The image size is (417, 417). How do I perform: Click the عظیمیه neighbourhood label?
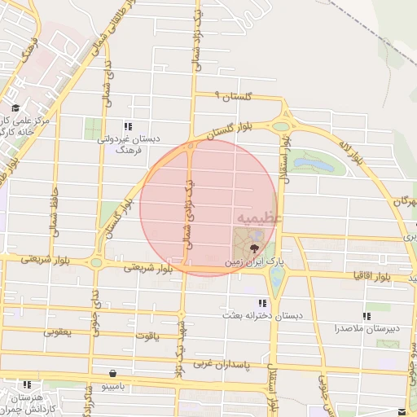click(260, 218)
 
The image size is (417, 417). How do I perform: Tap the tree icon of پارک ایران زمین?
click(255, 249)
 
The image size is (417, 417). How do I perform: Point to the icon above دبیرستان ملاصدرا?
click(367, 315)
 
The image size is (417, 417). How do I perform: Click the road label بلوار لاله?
click(347, 150)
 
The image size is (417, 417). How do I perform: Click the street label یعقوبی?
click(57, 331)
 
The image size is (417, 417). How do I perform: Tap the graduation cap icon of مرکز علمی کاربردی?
click(15, 108)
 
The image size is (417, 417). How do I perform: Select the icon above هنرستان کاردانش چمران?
click(28, 384)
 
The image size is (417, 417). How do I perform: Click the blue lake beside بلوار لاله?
click(315, 165)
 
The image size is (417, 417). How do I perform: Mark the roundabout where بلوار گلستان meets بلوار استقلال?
click(282, 126)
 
